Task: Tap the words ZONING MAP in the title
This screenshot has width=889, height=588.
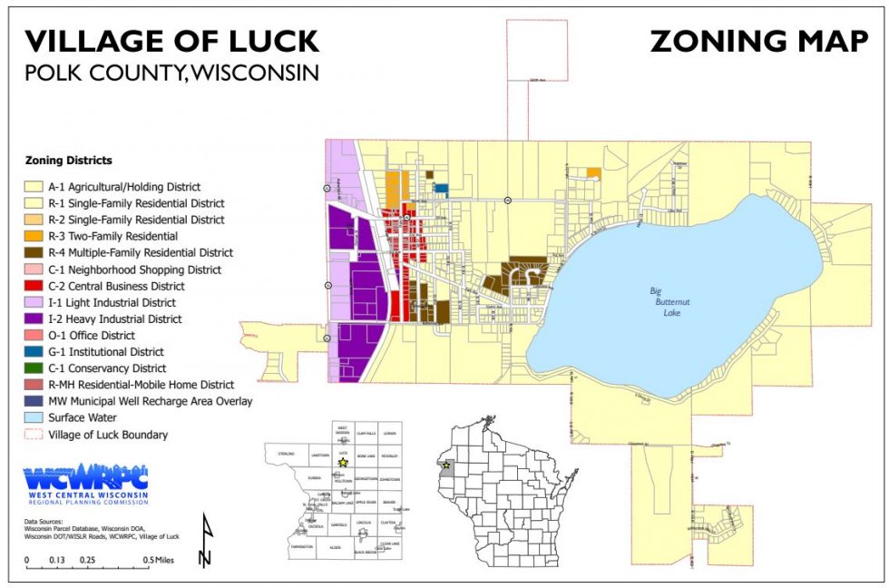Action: tap(758, 41)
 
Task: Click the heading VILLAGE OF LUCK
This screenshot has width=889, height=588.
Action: tap(171, 41)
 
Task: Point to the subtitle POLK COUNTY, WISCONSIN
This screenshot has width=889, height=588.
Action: tap(171, 72)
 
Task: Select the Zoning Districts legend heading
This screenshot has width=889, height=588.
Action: tap(69, 161)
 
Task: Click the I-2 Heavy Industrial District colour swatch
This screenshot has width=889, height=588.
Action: tap(34, 319)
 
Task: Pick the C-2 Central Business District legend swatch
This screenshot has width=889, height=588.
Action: tap(34, 286)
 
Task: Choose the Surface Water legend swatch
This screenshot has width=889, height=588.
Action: tap(34, 417)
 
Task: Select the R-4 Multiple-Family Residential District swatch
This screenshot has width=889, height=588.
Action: tap(34, 252)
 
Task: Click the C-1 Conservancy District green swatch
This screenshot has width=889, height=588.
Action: tap(34, 368)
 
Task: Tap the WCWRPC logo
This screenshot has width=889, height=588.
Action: tap(85, 484)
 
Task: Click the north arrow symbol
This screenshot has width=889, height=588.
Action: tap(205, 542)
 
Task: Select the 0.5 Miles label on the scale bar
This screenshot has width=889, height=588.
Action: tap(163, 560)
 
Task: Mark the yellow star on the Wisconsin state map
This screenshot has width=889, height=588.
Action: tap(445, 465)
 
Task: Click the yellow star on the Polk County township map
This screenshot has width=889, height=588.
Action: tap(343, 462)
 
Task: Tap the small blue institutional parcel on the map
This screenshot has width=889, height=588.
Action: tap(441, 189)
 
